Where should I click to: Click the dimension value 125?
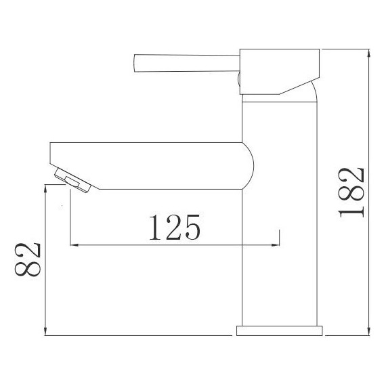(173, 228)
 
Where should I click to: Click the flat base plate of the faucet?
(278, 330)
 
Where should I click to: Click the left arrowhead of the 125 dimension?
(74, 244)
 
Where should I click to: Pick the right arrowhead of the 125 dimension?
(275, 244)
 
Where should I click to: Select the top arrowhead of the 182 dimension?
(368, 53)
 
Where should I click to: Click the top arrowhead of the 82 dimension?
(45, 192)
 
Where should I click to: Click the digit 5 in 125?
(191, 228)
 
